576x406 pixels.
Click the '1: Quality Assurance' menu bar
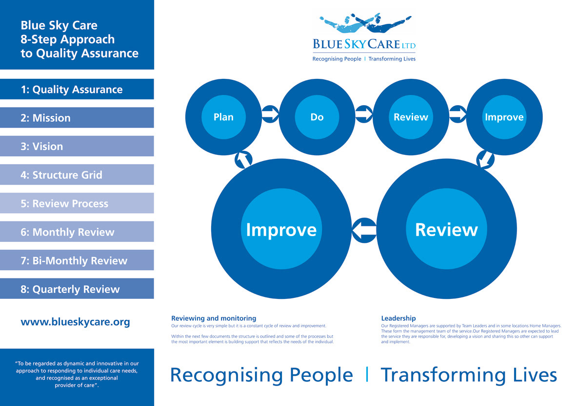point(77,90)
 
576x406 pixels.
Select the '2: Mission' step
point(77,118)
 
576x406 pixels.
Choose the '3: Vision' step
point(77,147)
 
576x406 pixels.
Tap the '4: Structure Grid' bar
point(77,175)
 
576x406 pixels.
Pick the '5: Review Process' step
point(77,203)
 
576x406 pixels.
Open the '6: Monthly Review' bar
point(77,232)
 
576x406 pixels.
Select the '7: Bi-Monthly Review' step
point(77,260)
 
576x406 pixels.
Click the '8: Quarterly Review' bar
point(77,289)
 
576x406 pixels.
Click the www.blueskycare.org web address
point(75,322)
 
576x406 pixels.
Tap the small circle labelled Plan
point(223,117)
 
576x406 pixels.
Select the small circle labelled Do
point(317,117)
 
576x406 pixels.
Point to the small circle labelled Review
point(411,117)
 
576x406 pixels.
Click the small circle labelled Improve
point(504,117)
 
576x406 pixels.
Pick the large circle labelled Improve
point(281,229)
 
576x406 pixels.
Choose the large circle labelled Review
point(446,229)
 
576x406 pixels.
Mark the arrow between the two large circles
point(364,229)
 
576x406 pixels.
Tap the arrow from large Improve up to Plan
point(243,158)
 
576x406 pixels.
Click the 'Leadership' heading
point(398,318)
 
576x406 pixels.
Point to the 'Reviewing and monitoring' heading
point(214,318)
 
